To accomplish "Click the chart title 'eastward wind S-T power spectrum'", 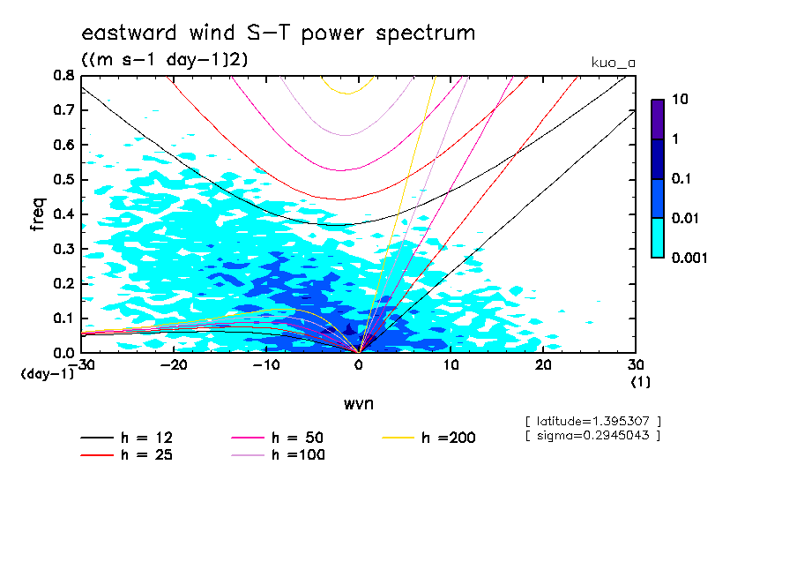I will (x=278, y=34).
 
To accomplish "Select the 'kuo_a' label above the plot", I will (x=614, y=63).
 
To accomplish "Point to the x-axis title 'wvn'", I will (x=358, y=403).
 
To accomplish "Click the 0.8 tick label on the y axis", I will (x=63, y=76).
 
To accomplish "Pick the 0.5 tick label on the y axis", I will (x=63, y=180).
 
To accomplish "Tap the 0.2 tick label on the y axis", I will (x=63, y=283).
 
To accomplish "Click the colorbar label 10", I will (x=679, y=100).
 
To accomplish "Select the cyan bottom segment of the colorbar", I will (x=657, y=237).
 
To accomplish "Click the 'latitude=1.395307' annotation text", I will (x=592, y=421).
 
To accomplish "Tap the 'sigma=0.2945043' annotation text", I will (x=592, y=435).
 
